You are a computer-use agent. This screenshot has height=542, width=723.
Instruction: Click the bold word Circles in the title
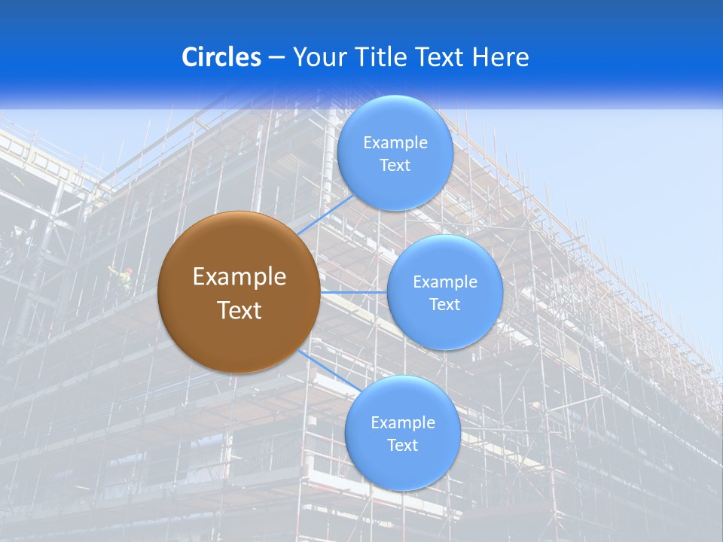[221, 57]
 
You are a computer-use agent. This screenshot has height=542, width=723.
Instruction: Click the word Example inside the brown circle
[239, 277]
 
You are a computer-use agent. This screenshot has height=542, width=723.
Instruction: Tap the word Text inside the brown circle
[239, 310]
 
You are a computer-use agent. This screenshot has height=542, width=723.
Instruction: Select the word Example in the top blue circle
[395, 143]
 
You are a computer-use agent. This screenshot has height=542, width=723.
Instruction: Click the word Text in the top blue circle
[395, 166]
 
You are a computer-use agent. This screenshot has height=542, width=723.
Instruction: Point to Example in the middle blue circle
[445, 282]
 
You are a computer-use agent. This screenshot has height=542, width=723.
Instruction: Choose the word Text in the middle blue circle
[445, 305]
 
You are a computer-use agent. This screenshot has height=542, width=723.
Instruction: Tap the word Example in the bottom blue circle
[403, 423]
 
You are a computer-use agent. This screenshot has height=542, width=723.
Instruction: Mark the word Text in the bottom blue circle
[403, 446]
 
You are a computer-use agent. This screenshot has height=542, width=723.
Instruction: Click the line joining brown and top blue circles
[325, 215]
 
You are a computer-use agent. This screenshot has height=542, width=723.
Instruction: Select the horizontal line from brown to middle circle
[354, 292]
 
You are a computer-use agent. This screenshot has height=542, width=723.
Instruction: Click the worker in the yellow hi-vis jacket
[122, 280]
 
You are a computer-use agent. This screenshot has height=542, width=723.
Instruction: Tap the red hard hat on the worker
[129, 270]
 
